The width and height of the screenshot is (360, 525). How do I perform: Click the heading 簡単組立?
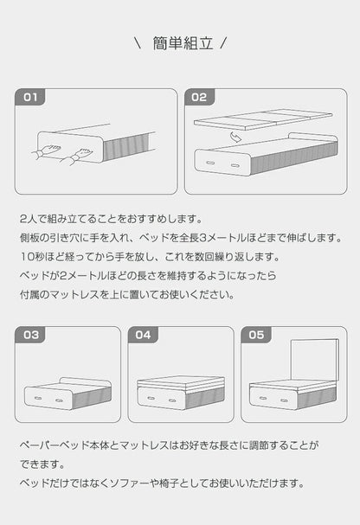click(179, 42)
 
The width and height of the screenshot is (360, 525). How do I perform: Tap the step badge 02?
click(199, 97)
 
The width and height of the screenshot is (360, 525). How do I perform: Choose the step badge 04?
click(143, 334)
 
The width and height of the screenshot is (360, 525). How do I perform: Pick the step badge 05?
click(255, 334)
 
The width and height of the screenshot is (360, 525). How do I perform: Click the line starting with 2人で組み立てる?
click(110, 219)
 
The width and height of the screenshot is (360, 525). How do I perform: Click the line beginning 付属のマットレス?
click(126, 294)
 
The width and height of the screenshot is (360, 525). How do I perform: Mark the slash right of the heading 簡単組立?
click(223, 42)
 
